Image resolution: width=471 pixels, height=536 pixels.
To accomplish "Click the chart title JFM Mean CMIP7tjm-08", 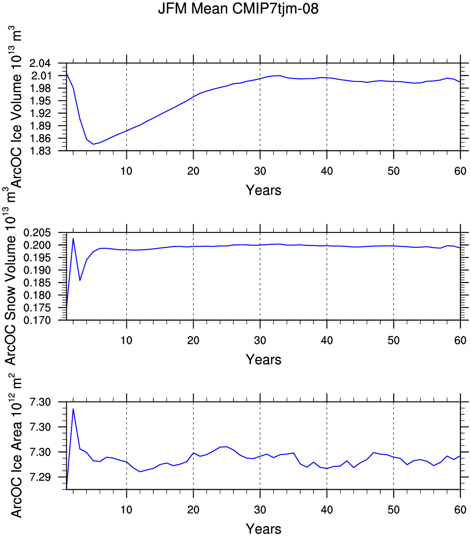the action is pos(238,8).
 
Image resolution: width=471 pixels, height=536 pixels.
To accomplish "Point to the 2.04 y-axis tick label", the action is pos(40,64).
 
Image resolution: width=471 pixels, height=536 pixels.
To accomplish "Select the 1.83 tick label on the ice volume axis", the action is pos(40,151).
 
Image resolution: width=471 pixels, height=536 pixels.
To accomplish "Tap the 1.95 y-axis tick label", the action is pos(40,101).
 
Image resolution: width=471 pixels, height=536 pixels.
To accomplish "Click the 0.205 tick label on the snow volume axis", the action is pos(37,233).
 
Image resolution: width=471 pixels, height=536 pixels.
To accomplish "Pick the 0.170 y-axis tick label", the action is pos(37,320).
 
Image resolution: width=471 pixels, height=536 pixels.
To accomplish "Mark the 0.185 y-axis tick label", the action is pos(37,283).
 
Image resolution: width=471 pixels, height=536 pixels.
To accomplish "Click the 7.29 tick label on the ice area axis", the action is pos(40,477).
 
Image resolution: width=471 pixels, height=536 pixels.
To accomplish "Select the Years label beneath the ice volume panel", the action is pos(263,190).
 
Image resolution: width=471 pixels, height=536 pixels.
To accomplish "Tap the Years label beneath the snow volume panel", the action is pos(263,360).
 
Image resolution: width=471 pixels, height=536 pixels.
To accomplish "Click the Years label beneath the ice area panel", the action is pos(263,529).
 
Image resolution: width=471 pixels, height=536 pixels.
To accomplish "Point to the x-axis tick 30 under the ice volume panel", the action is pos(260,171).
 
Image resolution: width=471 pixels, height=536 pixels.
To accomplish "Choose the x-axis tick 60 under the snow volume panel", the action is pos(461,340).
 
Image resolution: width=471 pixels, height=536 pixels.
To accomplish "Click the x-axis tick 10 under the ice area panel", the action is pos(126,510).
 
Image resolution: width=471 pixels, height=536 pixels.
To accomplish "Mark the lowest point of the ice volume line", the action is pos(93,144).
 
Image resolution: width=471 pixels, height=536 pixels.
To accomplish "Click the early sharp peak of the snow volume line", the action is pos(73,238).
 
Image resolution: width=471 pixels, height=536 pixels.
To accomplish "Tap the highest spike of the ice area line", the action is pos(73,409).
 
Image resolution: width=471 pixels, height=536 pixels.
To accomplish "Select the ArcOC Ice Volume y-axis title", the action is pos(16,107).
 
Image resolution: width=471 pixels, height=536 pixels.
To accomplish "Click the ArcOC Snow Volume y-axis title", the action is pos(10,276).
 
